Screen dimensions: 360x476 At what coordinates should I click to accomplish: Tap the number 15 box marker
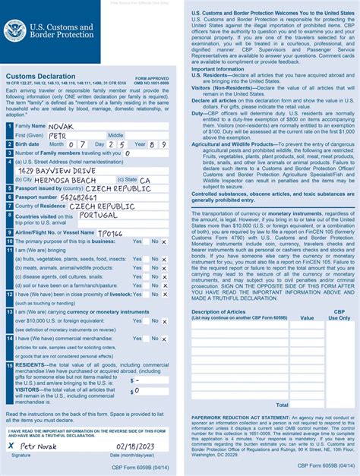[9, 365]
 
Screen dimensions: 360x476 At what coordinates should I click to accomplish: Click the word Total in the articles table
[282, 405]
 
